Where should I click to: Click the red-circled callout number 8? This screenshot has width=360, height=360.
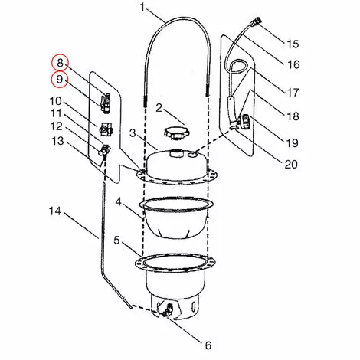[59, 64]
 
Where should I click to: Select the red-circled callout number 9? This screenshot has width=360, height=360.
[59, 80]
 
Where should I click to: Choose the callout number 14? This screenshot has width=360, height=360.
[54, 210]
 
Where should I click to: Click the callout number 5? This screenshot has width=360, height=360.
[116, 240]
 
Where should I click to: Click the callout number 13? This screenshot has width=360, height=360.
[58, 141]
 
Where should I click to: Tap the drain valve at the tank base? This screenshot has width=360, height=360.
[164, 310]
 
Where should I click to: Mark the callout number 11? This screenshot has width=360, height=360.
[58, 114]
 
